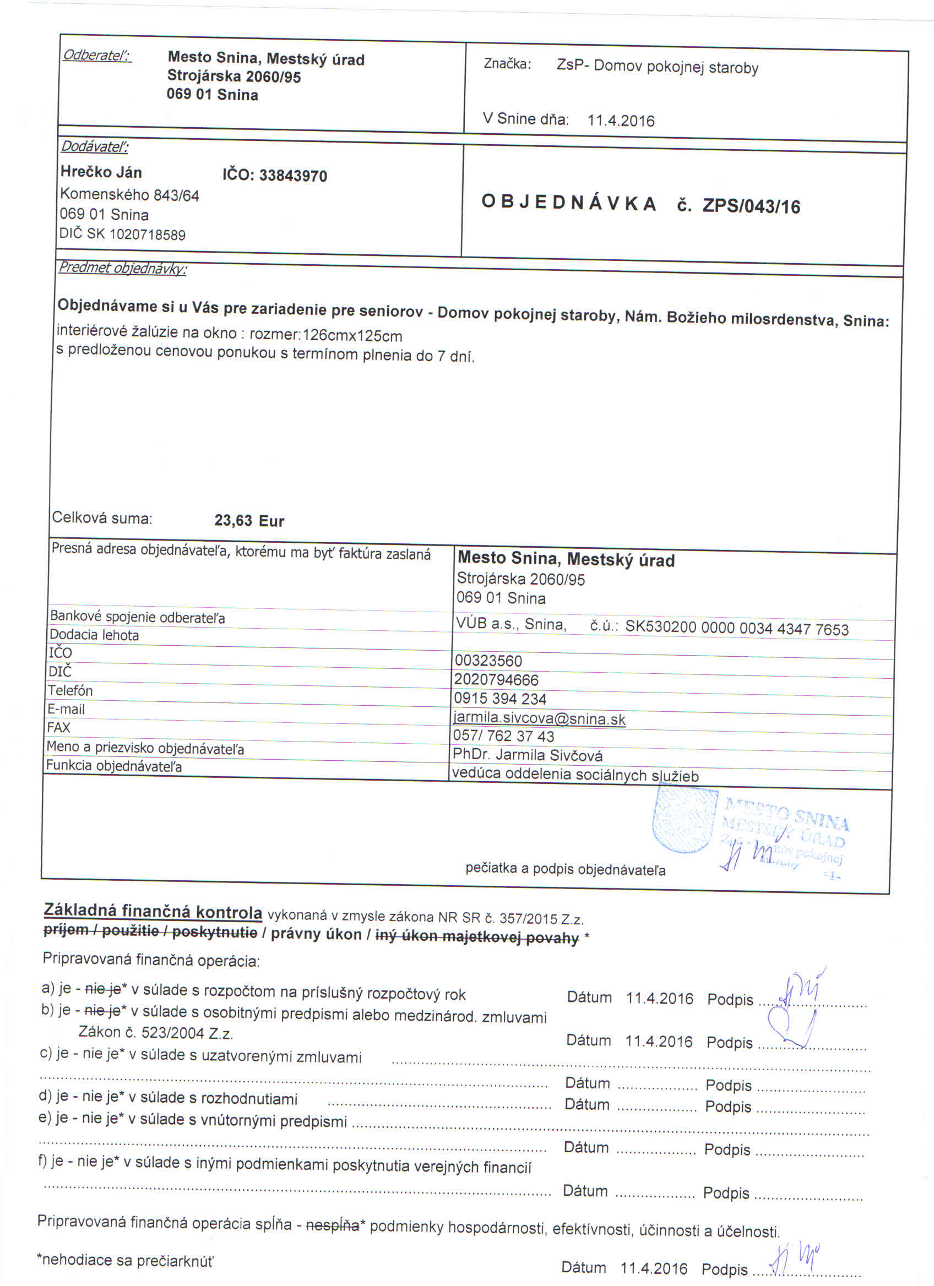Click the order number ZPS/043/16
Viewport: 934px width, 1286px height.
pos(751,206)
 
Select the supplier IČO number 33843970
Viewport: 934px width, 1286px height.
pos(292,176)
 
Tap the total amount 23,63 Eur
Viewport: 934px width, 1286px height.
pos(249,521)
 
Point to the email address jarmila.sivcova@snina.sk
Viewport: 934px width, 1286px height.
pos(539,719)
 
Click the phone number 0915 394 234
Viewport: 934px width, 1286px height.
pos(499,699)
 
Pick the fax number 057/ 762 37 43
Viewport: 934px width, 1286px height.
pos(503,736)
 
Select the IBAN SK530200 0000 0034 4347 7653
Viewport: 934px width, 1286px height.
pos(737,628)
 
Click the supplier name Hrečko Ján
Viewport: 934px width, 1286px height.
pos(101,172)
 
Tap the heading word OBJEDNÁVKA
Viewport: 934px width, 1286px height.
pos(569,203)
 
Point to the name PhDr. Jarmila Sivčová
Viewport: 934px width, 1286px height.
pos(528,755)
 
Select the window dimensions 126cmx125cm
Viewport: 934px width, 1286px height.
pos(352,336)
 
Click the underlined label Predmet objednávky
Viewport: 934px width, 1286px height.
pos(122,268)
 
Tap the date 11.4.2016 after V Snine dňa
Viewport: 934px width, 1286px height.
pos(621,121)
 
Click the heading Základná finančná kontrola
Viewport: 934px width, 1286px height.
pos(153,911)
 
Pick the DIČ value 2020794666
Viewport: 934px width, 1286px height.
pos(496,679)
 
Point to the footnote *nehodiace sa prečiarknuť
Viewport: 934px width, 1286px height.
pos(126,1260)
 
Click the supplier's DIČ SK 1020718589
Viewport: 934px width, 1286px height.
pos(122,234)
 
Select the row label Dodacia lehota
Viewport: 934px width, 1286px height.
pos(94,635)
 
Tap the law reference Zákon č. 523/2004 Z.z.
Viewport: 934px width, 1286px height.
pos(156,1033)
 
